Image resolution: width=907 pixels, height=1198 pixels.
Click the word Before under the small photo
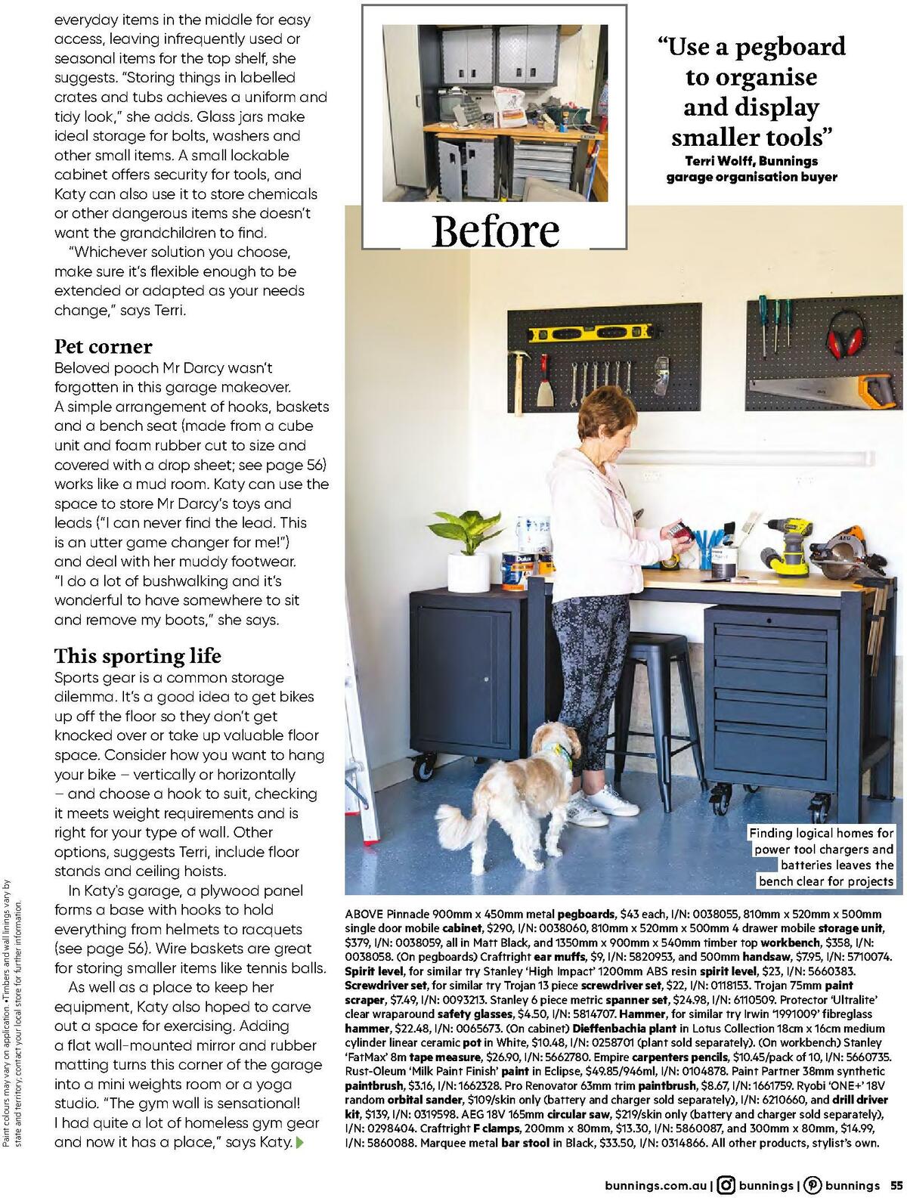496,231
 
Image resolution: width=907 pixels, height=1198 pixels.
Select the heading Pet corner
104,347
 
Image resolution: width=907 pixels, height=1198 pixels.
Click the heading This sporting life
138,656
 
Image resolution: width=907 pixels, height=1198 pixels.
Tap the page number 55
896,1185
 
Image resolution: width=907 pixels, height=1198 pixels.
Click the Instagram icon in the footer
726,1185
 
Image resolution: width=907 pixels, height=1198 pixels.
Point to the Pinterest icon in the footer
813,1185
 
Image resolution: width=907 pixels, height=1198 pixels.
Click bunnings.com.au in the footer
657,1185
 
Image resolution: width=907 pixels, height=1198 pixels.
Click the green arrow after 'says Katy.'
301,1142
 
